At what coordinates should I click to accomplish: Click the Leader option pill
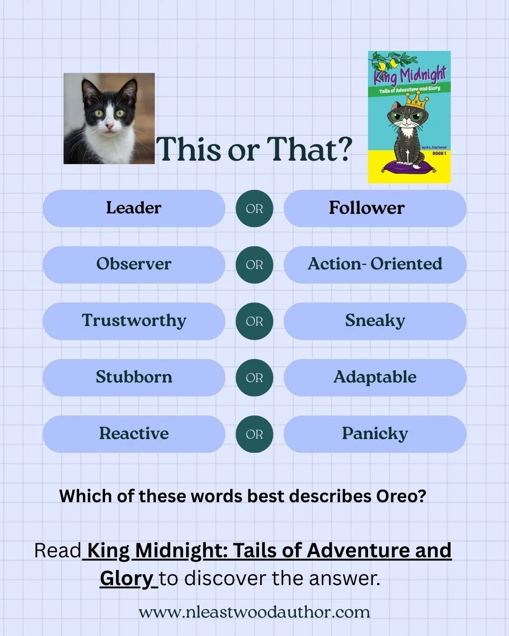(x=134, y=208)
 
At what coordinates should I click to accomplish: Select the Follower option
(x=375, y=208)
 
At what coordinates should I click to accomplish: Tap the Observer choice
(x=134, y=264)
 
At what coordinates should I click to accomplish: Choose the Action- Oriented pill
(x=375, y=264)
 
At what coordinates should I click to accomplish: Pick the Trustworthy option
(x=134, y=321)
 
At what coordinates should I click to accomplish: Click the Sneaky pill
(x=375, y=321)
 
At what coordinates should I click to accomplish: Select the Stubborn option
(x=134, y=377)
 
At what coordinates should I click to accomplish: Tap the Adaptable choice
(x=375, y=377)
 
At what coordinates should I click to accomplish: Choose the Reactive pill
(x=134, y=434)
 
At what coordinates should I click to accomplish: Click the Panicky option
(x=375, y=434)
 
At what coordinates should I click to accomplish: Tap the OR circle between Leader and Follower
(x=254, y=208)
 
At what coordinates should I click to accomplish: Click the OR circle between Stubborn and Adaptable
(x=254, y=377)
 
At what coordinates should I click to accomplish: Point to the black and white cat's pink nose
(x=109, y=126)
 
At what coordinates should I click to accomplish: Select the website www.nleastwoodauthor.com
(x=254, y=612)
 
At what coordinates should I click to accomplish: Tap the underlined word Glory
(x=126, y=579)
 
